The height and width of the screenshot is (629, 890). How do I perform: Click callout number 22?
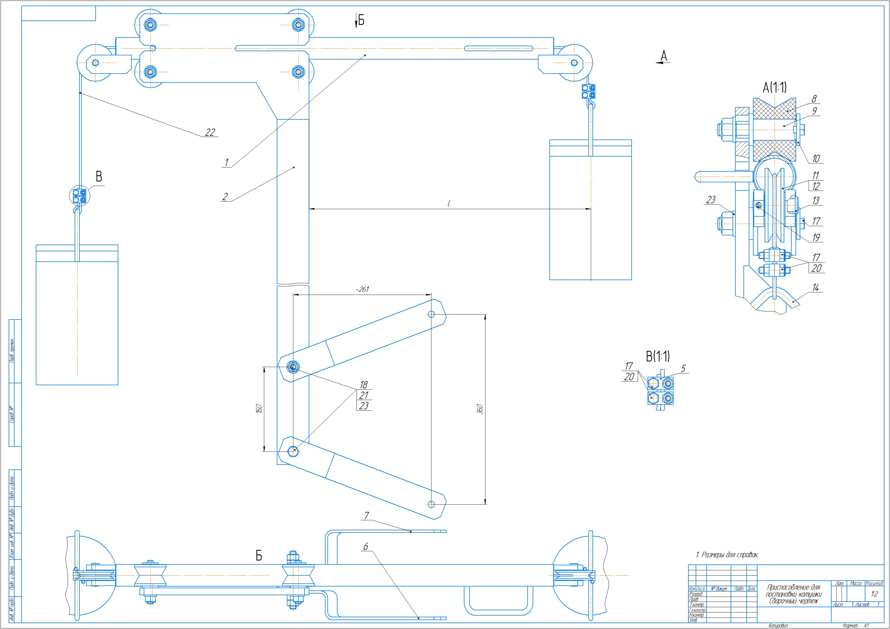210,133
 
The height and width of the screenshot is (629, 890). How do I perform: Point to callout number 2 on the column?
225,197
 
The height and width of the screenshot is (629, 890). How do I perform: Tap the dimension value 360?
480,409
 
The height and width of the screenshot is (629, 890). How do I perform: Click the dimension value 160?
259,408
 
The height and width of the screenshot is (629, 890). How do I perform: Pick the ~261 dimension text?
362,289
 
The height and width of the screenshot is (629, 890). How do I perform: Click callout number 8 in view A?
814,100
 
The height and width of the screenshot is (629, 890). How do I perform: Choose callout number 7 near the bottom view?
366,516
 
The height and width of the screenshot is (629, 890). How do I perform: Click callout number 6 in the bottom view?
365,547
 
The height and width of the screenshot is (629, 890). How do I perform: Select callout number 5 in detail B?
683,368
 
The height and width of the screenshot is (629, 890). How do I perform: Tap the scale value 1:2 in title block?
874,594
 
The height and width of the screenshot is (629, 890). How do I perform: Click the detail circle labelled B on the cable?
79,195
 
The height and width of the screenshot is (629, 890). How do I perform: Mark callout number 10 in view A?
816,159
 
